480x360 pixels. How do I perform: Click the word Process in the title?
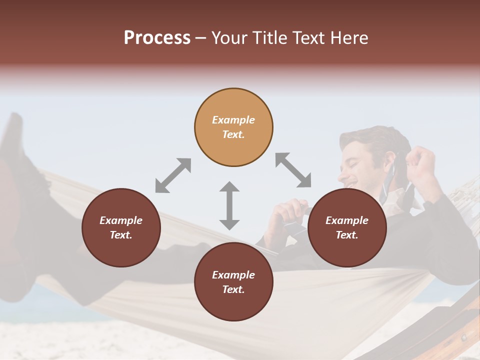click(157, 38)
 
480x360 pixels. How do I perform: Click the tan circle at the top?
click(233, 127)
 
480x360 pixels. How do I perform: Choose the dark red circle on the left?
click(121, 227)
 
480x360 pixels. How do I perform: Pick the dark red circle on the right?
click(347, 227)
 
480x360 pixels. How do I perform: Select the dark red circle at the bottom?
click(233, 282)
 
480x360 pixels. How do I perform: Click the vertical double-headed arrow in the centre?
click(229, 205)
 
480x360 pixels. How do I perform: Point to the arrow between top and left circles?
click(173, 175)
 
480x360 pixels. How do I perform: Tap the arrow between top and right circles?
click(293, 170)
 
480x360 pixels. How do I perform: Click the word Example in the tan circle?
click(233, 120)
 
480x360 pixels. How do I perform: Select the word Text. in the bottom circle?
click(233, 289)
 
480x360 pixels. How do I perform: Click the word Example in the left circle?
click(121, 220)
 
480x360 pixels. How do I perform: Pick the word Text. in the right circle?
click(347, 235)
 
